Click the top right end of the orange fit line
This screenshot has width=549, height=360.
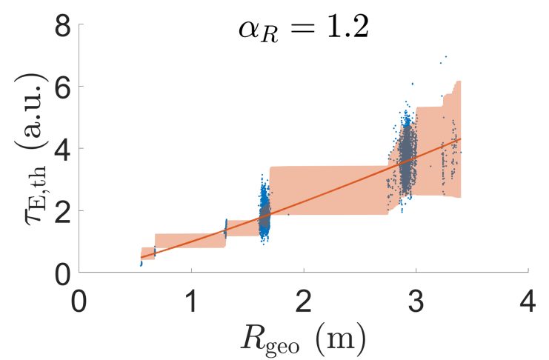tap(460, 139)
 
